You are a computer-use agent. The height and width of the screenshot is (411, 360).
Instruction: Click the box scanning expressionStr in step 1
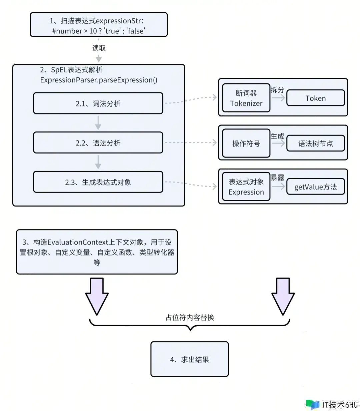[99, 25]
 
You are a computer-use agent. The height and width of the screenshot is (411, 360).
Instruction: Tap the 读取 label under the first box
[99, 48]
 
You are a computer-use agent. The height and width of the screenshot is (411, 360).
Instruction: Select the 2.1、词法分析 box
[98, 103]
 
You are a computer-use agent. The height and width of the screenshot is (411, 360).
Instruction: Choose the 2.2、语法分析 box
[98, 143]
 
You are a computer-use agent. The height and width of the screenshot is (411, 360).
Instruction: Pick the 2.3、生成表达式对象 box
[98, 182]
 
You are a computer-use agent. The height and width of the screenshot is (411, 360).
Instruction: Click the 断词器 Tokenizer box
[246, 98]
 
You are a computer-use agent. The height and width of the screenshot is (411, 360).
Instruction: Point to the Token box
[315, 98]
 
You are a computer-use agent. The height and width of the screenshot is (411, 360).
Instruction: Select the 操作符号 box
[246, 143]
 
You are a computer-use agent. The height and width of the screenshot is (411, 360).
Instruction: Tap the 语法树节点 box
[315, 143]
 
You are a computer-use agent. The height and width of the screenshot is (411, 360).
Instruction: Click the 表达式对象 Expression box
[246, 187]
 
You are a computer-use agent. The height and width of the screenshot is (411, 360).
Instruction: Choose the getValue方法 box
[315, 187]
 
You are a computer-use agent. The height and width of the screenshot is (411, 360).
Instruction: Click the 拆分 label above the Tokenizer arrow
[277, 90]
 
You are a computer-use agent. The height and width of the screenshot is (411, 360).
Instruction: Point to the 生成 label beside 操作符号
[277, 136]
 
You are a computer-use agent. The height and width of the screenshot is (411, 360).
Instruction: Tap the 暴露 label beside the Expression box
[277, 178]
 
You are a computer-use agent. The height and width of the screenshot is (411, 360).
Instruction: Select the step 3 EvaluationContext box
[97, 252]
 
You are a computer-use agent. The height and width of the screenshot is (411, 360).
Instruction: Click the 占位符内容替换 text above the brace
[190, 318]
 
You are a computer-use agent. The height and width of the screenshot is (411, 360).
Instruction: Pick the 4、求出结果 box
[189, 359]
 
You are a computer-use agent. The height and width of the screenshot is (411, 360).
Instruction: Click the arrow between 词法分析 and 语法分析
[98, 123]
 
